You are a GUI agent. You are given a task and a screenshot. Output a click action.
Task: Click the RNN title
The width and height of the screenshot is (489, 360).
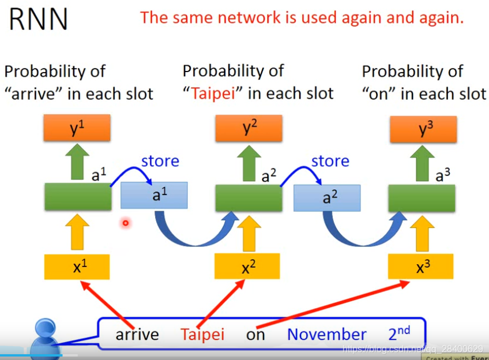(39, 18)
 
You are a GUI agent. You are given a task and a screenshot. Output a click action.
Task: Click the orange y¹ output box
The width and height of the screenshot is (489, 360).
(77, 128)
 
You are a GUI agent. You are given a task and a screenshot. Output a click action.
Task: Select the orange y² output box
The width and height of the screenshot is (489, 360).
(249, 128)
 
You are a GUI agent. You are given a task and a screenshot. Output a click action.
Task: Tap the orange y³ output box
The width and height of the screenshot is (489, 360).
(423, 129)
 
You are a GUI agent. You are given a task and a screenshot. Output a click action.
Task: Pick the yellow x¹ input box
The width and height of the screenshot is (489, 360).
(77, 266)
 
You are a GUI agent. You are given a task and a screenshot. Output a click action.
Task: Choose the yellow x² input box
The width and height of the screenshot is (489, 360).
(247, 266)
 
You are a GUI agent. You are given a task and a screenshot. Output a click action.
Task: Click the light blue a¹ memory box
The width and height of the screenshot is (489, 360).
(154, 195)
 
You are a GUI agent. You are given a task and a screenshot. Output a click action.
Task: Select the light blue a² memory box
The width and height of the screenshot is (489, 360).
(326, 197)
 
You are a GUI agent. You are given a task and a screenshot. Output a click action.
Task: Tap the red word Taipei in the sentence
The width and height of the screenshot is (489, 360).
(202, 334)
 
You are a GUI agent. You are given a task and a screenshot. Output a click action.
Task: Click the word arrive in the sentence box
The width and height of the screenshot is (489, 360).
(137, 334)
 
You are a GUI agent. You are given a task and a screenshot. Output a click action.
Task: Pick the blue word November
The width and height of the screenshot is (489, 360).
(326, 334)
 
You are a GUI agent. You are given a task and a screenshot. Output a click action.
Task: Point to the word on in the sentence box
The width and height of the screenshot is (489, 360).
(255, 334)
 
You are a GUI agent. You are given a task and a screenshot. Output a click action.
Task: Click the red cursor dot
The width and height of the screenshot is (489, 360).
(125, 223)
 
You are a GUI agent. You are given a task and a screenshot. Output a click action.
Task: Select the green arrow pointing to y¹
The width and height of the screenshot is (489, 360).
(77, 162)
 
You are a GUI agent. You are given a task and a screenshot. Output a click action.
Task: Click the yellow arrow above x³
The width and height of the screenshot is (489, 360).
(422, 232)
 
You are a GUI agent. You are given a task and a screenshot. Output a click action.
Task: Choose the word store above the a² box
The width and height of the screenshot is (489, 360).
(330, 161)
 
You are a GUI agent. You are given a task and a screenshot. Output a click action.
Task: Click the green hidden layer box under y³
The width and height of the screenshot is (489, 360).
(422, 198)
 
